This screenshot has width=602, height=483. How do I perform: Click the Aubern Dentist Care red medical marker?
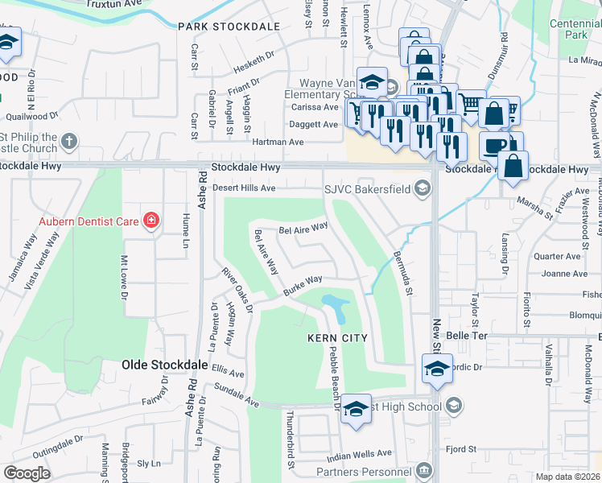[150, 220]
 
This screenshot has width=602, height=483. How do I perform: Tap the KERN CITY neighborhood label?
[337, 338]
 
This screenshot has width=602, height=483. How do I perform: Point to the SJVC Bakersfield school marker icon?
[423, 189]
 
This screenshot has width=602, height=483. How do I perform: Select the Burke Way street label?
[302, 286]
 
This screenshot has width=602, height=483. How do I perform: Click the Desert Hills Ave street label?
[244, 188]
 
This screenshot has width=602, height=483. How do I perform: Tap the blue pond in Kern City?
[333, 306]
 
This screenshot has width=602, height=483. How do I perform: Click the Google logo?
[27, 473]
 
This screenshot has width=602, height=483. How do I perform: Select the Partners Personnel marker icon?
[423, 470]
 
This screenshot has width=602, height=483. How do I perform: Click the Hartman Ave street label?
[278, 142]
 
